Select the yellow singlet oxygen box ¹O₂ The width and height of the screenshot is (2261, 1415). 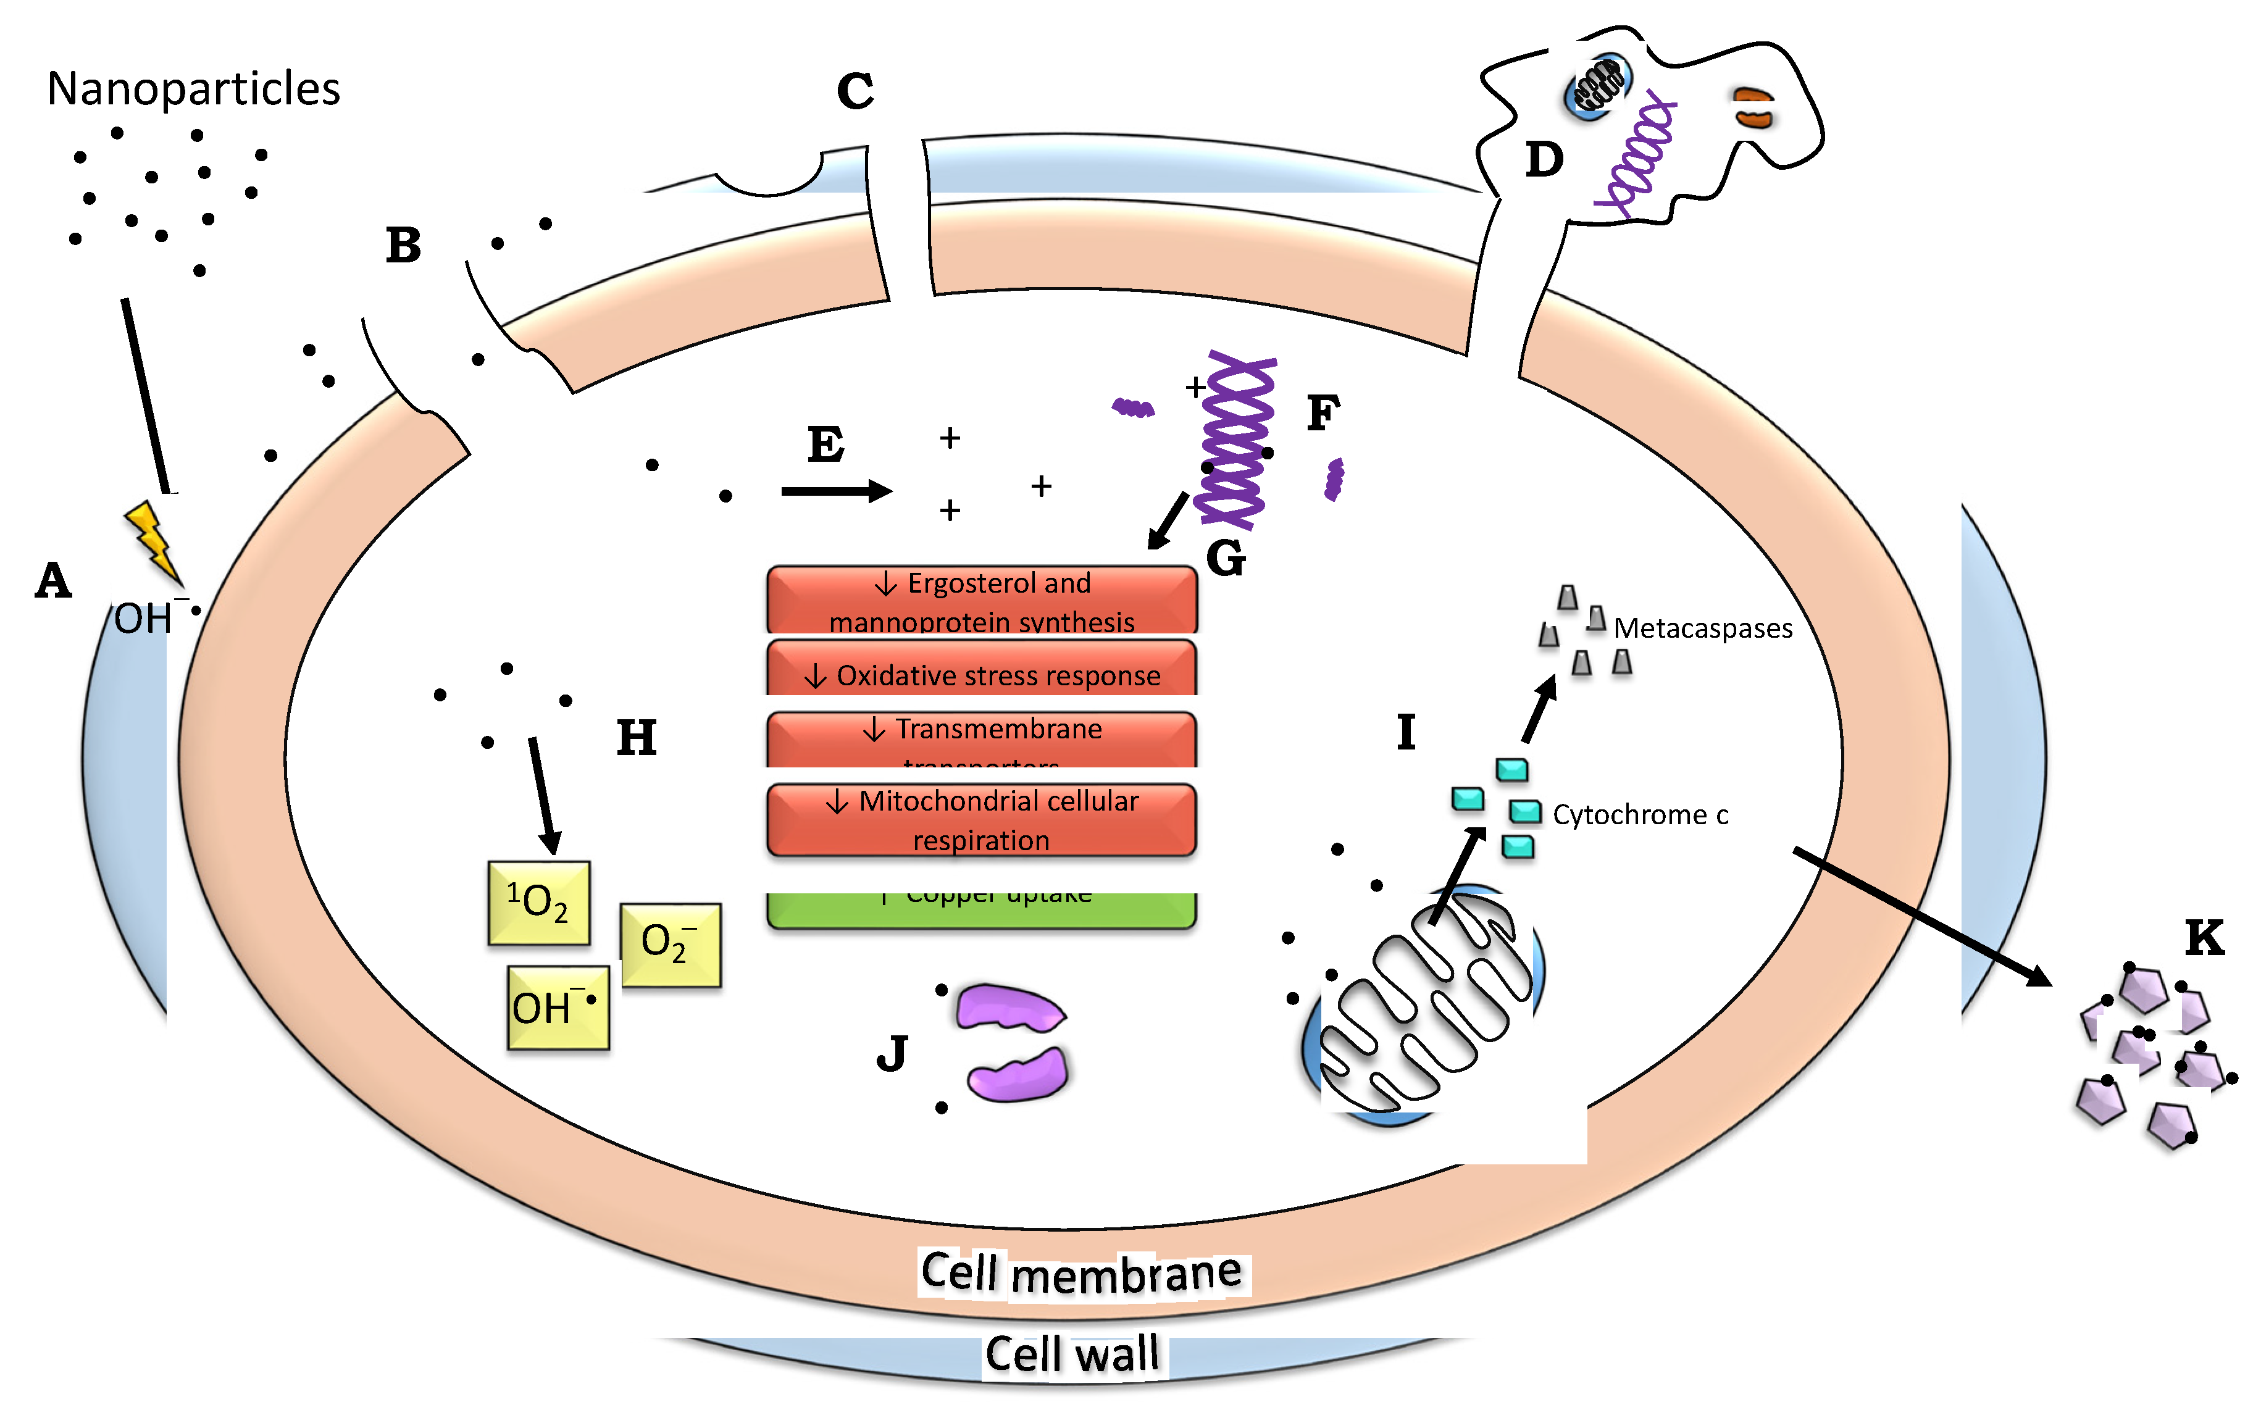click(x=539, y=903)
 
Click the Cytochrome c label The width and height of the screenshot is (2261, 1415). click(x=1640, y=815)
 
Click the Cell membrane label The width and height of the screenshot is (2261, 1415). click(x=1081, y=1274)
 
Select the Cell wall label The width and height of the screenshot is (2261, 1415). click(x=1072, y=1354)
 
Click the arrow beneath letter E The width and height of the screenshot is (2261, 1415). click(x=836, y=490)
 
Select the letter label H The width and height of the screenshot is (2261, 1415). click(x=637, y=738)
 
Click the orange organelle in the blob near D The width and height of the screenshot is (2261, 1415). click(x=1752, y=107)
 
